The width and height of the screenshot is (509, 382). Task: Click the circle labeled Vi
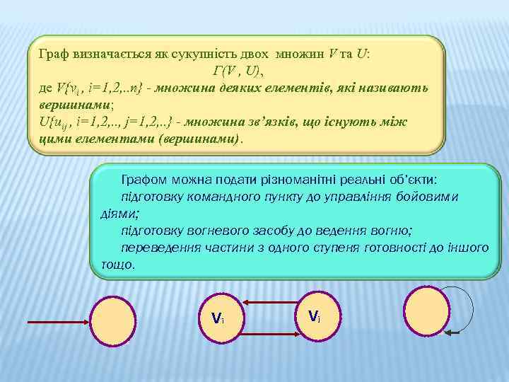[219, 317]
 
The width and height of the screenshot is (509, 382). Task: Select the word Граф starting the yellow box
[54, 54]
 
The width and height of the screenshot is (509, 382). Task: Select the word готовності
[380, 247]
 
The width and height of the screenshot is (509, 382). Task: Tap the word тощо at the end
[117, 264]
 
